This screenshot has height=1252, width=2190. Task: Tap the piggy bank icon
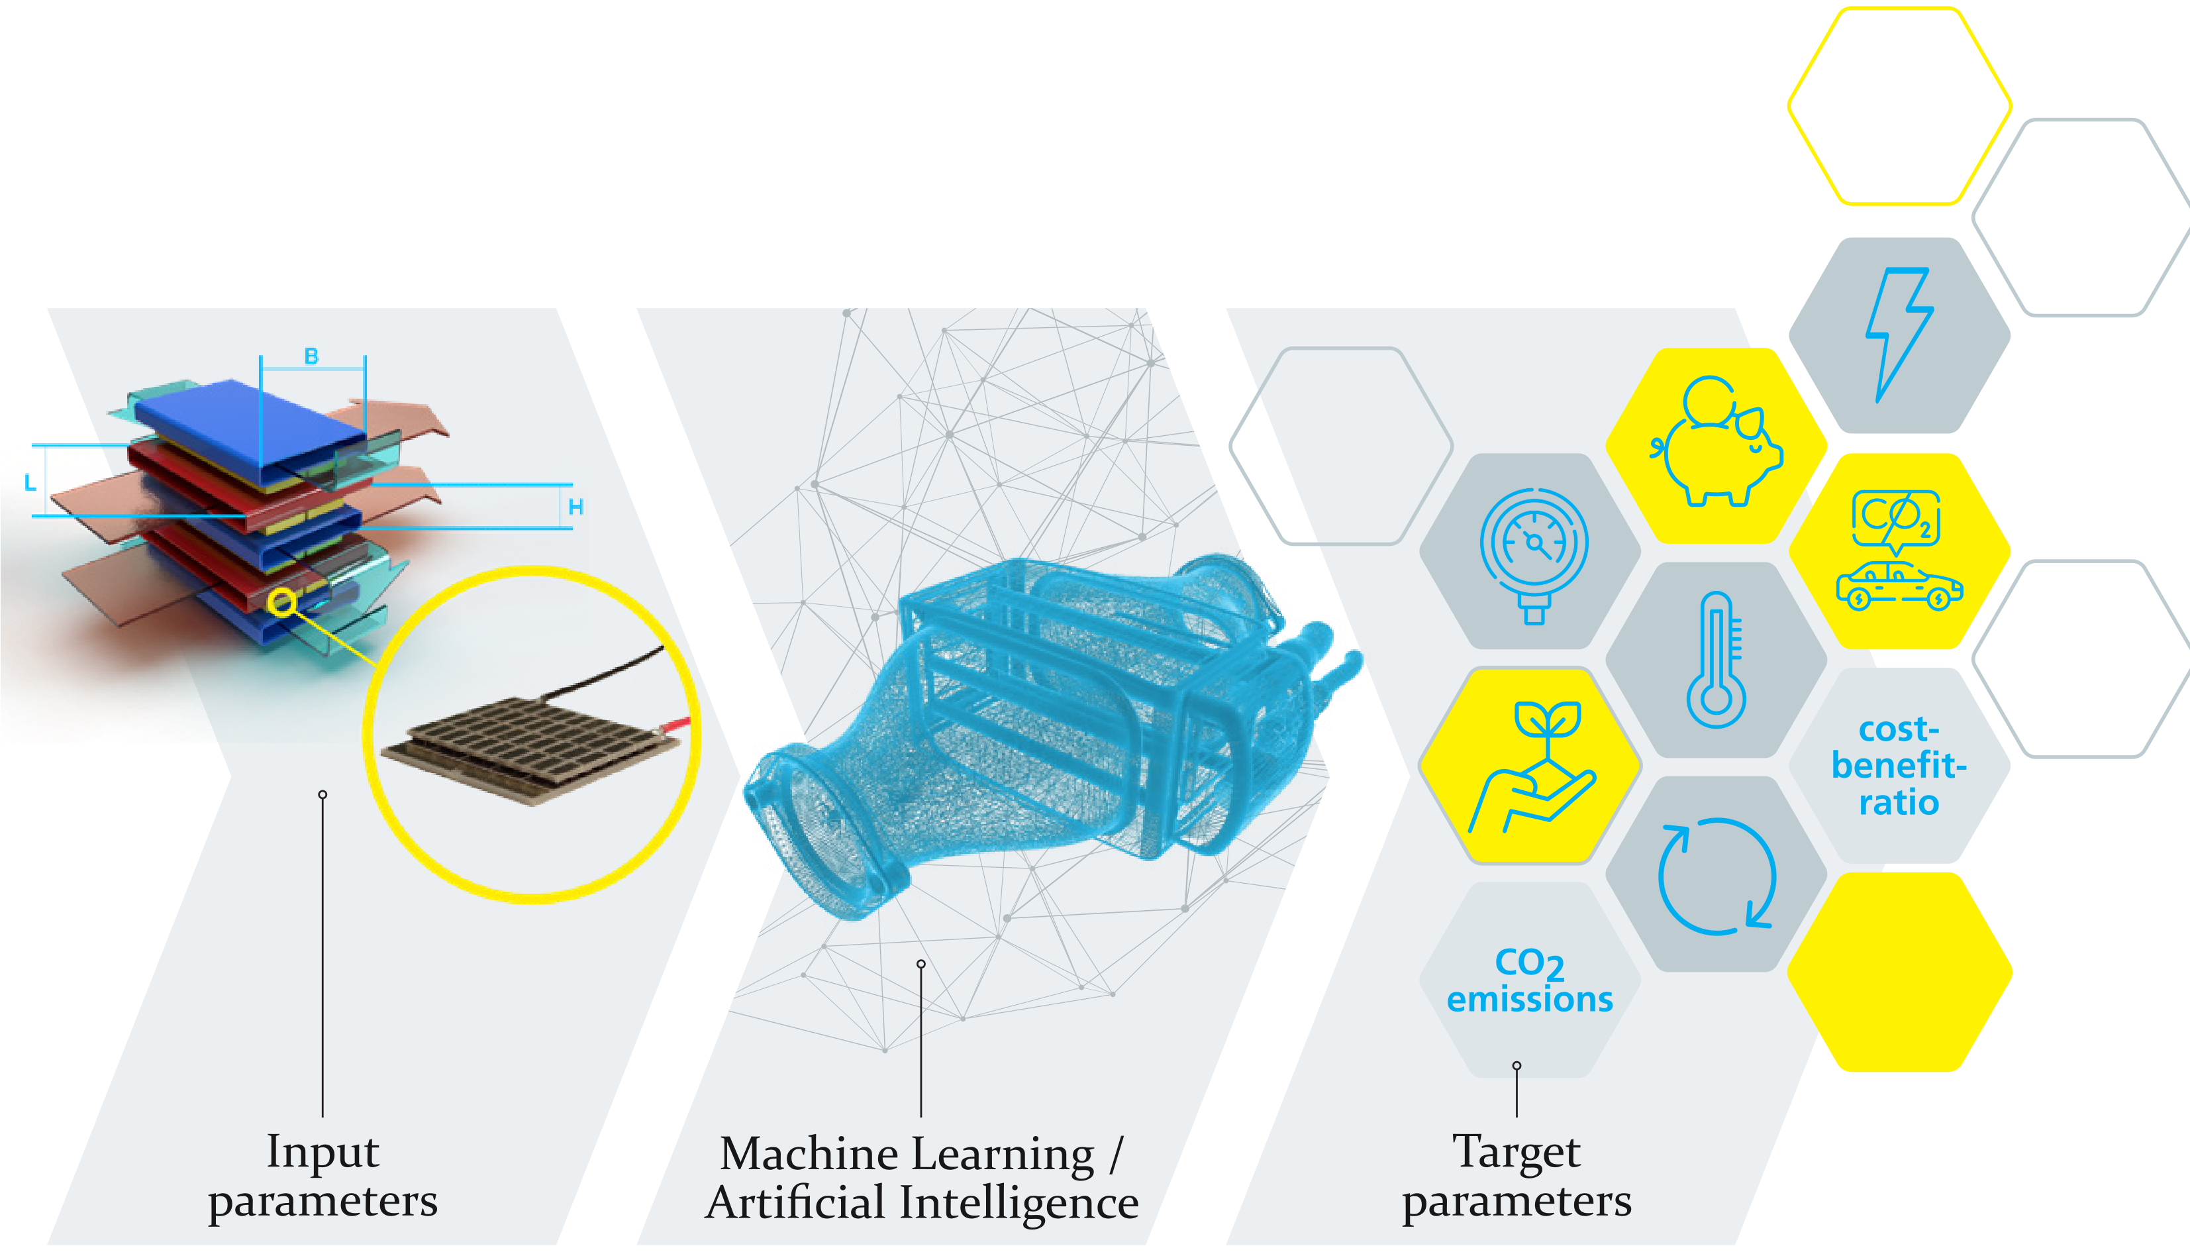tap(1717, 445)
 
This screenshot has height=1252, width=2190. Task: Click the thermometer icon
tap(1717, 660)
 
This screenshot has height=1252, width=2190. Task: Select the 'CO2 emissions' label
tap(1530, 981)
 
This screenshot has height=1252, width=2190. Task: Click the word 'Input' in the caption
tap(323, 1152)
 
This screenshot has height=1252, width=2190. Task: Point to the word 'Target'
tap(1516, 1152)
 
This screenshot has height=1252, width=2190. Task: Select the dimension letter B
tap(311, 356)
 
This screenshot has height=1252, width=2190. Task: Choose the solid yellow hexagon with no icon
tap(1899, 972)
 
